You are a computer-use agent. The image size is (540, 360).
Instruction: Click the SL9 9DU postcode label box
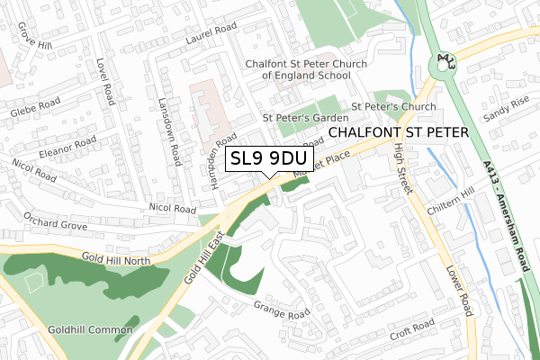tap(268, 159)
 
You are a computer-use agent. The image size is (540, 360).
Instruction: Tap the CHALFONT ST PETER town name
tap(400, 132)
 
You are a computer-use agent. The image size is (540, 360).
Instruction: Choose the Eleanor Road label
tap(67, 147)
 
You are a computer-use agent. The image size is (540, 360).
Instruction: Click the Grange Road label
tap(281, 310)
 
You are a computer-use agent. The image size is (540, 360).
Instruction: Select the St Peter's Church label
tap(394, 106)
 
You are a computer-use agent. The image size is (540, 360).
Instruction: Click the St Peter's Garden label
tap(304, 117)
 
